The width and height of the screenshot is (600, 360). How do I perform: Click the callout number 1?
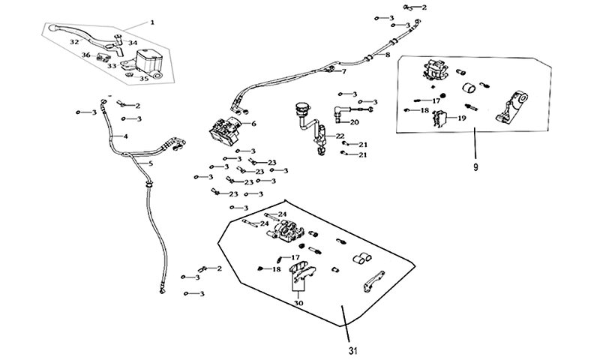152,22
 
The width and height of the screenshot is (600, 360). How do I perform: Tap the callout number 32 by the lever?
74,42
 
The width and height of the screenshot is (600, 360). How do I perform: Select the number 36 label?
86,55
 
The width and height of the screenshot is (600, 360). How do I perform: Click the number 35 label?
143,79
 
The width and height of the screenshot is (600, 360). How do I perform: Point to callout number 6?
253,124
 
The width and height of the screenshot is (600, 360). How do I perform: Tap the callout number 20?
354,122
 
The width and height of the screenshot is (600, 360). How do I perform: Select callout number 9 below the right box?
475,167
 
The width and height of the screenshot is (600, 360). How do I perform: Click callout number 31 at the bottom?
352,350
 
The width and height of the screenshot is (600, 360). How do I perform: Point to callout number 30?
298,303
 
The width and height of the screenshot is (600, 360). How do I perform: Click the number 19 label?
462,118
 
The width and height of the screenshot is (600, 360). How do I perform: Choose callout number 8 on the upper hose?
388,55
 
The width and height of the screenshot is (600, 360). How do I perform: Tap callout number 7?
344,71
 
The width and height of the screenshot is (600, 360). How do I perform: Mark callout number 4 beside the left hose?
125,136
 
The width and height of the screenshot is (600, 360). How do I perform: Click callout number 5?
151,163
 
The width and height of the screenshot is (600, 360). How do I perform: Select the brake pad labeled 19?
440,118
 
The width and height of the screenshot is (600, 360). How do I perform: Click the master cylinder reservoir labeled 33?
147,60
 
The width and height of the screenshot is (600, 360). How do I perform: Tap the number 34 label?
133,43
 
